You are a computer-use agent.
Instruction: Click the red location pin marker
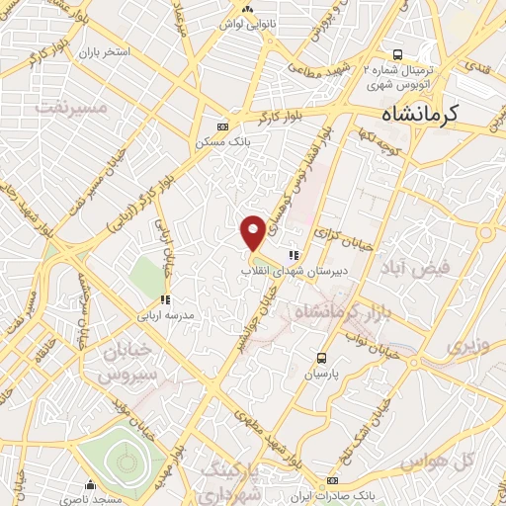253,231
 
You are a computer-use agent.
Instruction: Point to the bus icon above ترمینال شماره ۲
397,55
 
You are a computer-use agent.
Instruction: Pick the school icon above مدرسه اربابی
165,299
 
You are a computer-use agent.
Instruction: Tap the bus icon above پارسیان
322,358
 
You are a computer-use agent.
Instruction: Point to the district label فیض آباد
421,267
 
